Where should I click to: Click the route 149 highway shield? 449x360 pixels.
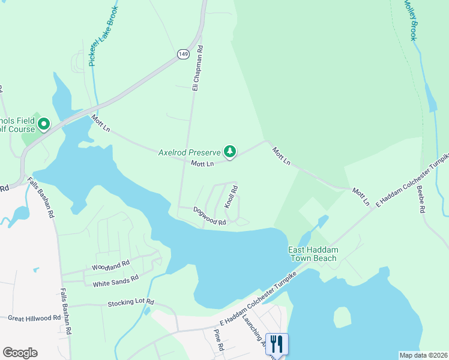[x=183, y=55]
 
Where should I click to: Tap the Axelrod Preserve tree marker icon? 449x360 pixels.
[x=229, y=152]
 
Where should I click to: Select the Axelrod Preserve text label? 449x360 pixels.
[x=189, y=152]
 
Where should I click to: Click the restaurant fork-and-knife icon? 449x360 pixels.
[x=277, y=344]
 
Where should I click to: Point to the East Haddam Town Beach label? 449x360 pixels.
[x=312, y=254]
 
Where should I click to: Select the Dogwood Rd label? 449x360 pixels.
[x=209, y=216]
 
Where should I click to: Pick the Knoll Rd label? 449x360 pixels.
[x=231, y=197]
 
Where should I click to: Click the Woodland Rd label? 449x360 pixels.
[x=110, y=265]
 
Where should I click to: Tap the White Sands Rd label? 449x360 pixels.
[x=111, y=280]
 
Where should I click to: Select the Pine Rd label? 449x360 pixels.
[x=218, y=340]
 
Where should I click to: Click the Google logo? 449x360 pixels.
[x=20, y=353]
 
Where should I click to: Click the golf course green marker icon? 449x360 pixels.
[x=44, y=125]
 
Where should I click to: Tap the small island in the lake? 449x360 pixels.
[x=342, y=317]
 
